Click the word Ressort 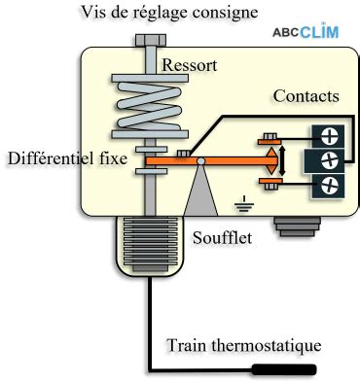pos(190,65)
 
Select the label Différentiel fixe pos(65,158)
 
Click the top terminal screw pos(329,136)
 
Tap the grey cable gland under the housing pos(293,226)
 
